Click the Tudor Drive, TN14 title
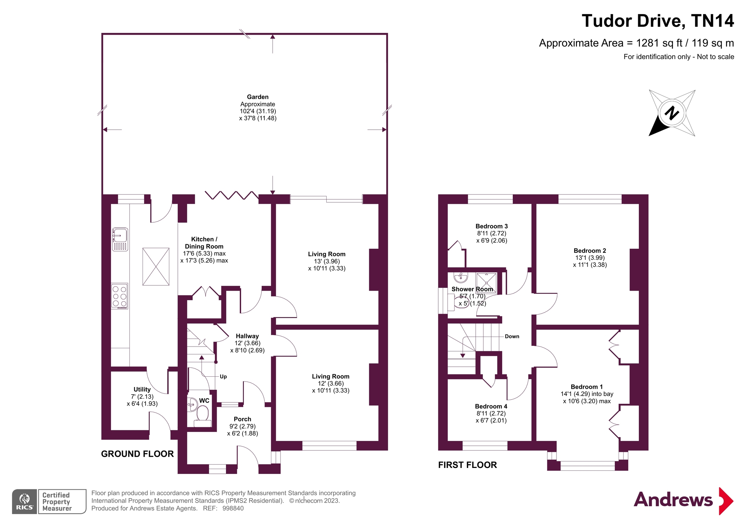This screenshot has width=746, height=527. point(657,21)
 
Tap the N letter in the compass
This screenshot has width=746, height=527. point(671,113)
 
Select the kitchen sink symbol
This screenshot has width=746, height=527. point(120,239)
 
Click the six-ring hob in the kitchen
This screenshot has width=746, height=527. point(120,296)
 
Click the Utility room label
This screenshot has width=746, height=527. point(142,389)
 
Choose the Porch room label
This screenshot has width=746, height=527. point(242,419)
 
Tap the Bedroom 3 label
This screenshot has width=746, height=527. point(491,226)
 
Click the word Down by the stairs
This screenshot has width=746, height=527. point(512,337)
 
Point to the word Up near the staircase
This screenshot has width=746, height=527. point(223,377)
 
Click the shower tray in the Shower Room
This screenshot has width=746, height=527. point(486,282)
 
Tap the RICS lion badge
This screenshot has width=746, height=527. point(24,501)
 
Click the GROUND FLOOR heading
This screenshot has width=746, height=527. point(137,454)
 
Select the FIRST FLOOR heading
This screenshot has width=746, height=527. point(467,465)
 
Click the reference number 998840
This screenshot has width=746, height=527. point(233,508)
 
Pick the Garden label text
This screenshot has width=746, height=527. point(258,97)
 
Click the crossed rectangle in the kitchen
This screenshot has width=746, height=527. point(156,267)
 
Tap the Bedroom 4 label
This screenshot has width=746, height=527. point(491,407)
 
